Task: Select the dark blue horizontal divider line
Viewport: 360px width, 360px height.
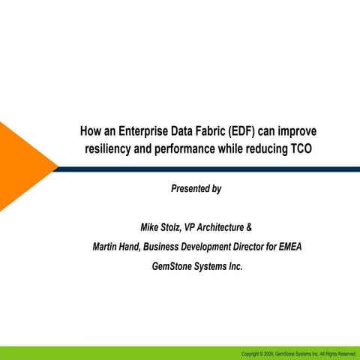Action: click(210, 169)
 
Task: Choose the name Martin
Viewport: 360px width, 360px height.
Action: click(106, 246)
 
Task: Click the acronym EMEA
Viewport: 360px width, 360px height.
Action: click(286, 246)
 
